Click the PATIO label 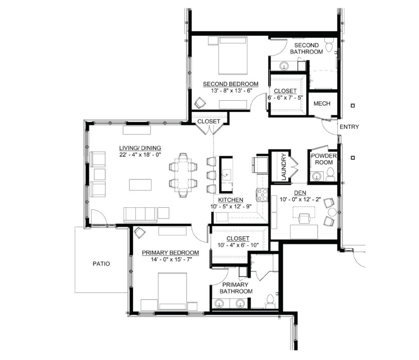click(101, 264)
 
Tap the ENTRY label click(349, 127)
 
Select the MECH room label click(322, 104)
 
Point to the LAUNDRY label click(284, 166)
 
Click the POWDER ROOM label click(324, 159)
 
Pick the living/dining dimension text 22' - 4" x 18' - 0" click(140, 154)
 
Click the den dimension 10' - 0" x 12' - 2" click(300, 199)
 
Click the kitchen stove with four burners click(262, 195)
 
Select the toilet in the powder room click(330, 174)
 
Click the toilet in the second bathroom click(329, 45)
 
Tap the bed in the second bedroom click(233, 56)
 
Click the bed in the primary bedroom click(172, 292)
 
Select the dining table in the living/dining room click(183, 175)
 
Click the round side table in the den click(332, 212)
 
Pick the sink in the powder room click(317, 176)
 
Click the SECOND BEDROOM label click(231, 84)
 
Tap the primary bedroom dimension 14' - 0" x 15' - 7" click(171, 259)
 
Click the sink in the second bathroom click(284, 65)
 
